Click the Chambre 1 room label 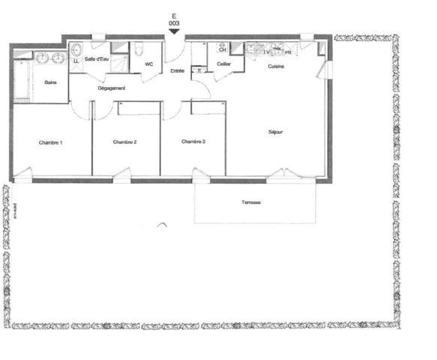[51, 142]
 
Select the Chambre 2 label [124, 142]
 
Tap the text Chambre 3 [193, 142]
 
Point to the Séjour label [276, 132]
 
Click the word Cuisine [277, 67]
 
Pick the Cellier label [223, 65]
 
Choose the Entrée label [178, 71]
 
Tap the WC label [148, 64]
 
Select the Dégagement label [112, 88]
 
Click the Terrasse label [252, 203]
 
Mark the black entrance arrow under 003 [175, 31]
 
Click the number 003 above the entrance [175, 24]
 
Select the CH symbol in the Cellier [223, 50]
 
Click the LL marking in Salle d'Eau [76, 61]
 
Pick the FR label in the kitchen [288, 52]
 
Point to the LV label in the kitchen [266, 52]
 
